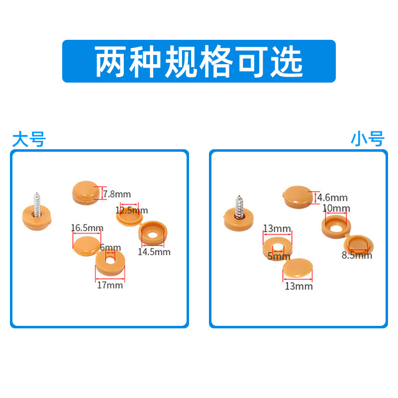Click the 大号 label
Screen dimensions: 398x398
tap(28, 139)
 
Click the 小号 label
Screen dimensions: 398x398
tap(368, 139)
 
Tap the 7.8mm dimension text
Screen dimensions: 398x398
tap(117, 194)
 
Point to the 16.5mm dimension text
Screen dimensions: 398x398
tap(87, 228)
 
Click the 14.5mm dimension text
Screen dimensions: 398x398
tap(154, 252)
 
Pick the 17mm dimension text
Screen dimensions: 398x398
tap(110, 285)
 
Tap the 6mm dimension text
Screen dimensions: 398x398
tap(110, 247)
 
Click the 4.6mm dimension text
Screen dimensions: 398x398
tap(332, 198)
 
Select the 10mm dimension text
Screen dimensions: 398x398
tap(336, 208)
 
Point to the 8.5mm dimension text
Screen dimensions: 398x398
tap(357, 256)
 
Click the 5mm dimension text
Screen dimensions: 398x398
tap(279, 257)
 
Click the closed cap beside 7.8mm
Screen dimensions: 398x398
tap(86, 192)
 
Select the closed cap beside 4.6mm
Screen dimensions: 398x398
tap(297, 195)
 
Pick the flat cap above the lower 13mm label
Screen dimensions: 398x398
tap(298, 270)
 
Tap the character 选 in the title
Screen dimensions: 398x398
tap(287, 62)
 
